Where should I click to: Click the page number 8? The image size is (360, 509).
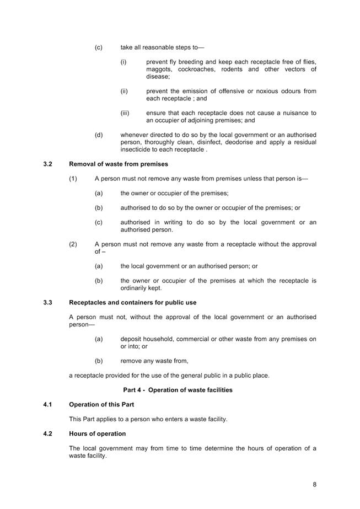click(x=314, y=485)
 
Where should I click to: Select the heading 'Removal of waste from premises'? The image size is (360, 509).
click(x=119, y=164)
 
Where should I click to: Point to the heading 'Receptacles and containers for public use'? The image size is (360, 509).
click(x=132, y=302)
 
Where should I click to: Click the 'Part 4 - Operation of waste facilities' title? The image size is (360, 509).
click(x=178, y=390)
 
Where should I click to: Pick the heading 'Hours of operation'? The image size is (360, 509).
click(x=97, y=433)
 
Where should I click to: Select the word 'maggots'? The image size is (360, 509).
click(x=159, y=69)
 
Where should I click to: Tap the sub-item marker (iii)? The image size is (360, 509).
click(x=125, y=113)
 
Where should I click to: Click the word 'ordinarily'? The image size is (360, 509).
click(x=135, y=288)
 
